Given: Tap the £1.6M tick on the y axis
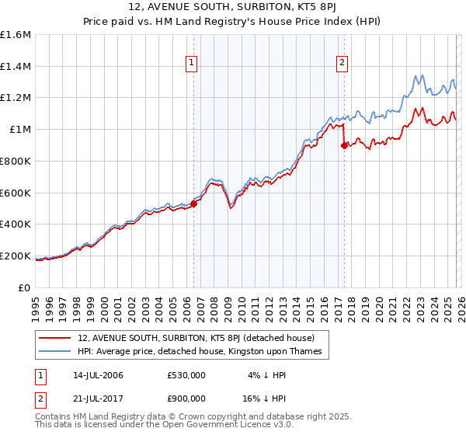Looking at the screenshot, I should point(16,35).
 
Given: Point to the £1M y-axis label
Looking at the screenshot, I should point(20,130).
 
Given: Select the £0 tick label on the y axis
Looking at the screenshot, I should point(25,287).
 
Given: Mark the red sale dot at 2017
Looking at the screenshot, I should point(344,145).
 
